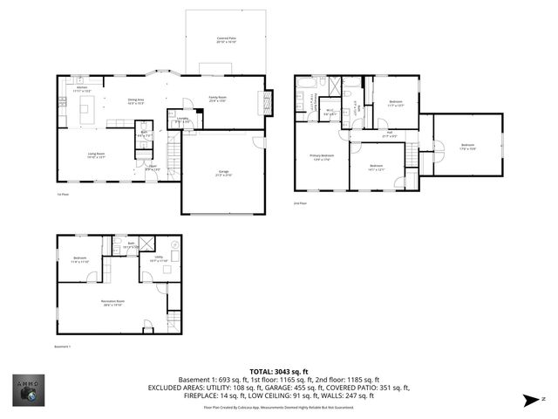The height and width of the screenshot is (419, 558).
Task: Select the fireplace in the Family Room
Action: click(268, 101)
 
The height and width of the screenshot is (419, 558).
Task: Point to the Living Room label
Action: click(96, 156)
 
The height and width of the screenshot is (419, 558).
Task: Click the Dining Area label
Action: click(135, 101)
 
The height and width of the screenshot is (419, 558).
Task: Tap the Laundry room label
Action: click(183, 120)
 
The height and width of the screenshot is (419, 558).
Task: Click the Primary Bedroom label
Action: click(320, 157)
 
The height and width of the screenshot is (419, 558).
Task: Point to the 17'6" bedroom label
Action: click(467, 147)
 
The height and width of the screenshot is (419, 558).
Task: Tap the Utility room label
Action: click(158, 259)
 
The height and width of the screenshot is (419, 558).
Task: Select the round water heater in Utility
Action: click(173, 247)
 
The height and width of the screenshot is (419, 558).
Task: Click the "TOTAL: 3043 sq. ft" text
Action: click(280, 370)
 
